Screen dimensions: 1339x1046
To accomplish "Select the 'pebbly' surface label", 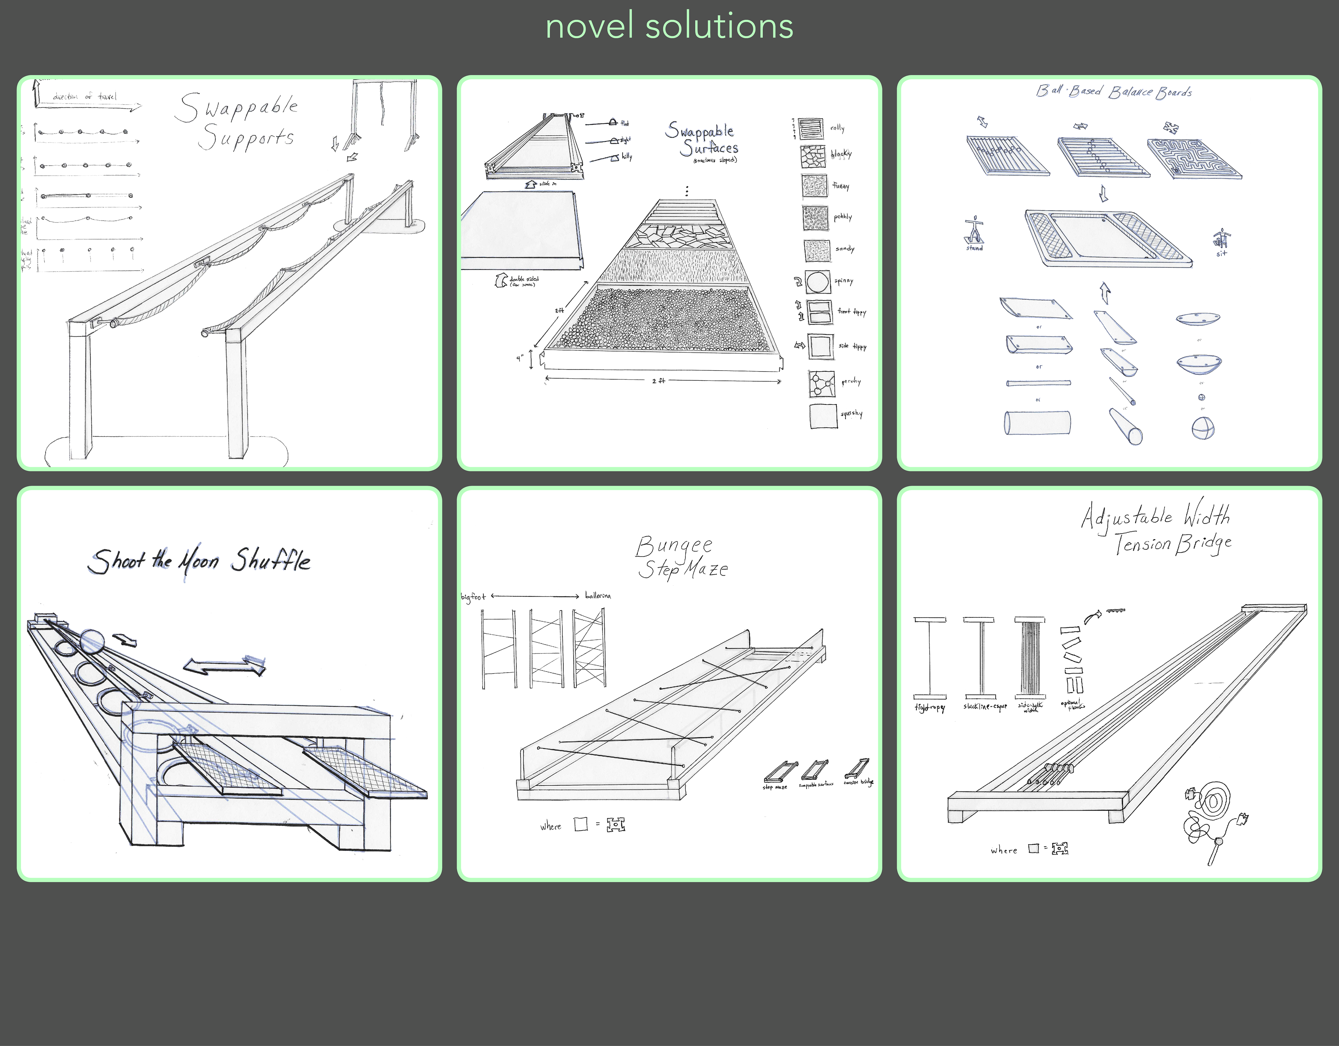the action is click(x=842, y=217).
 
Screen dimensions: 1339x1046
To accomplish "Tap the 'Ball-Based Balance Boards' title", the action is click(x=1113, y=92).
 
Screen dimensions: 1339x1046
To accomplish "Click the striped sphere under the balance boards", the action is click(x=1203, y=428).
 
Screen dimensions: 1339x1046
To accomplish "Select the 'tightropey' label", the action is click(x=929, y=707).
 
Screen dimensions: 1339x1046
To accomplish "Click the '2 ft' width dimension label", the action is click(x=658, y=381).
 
